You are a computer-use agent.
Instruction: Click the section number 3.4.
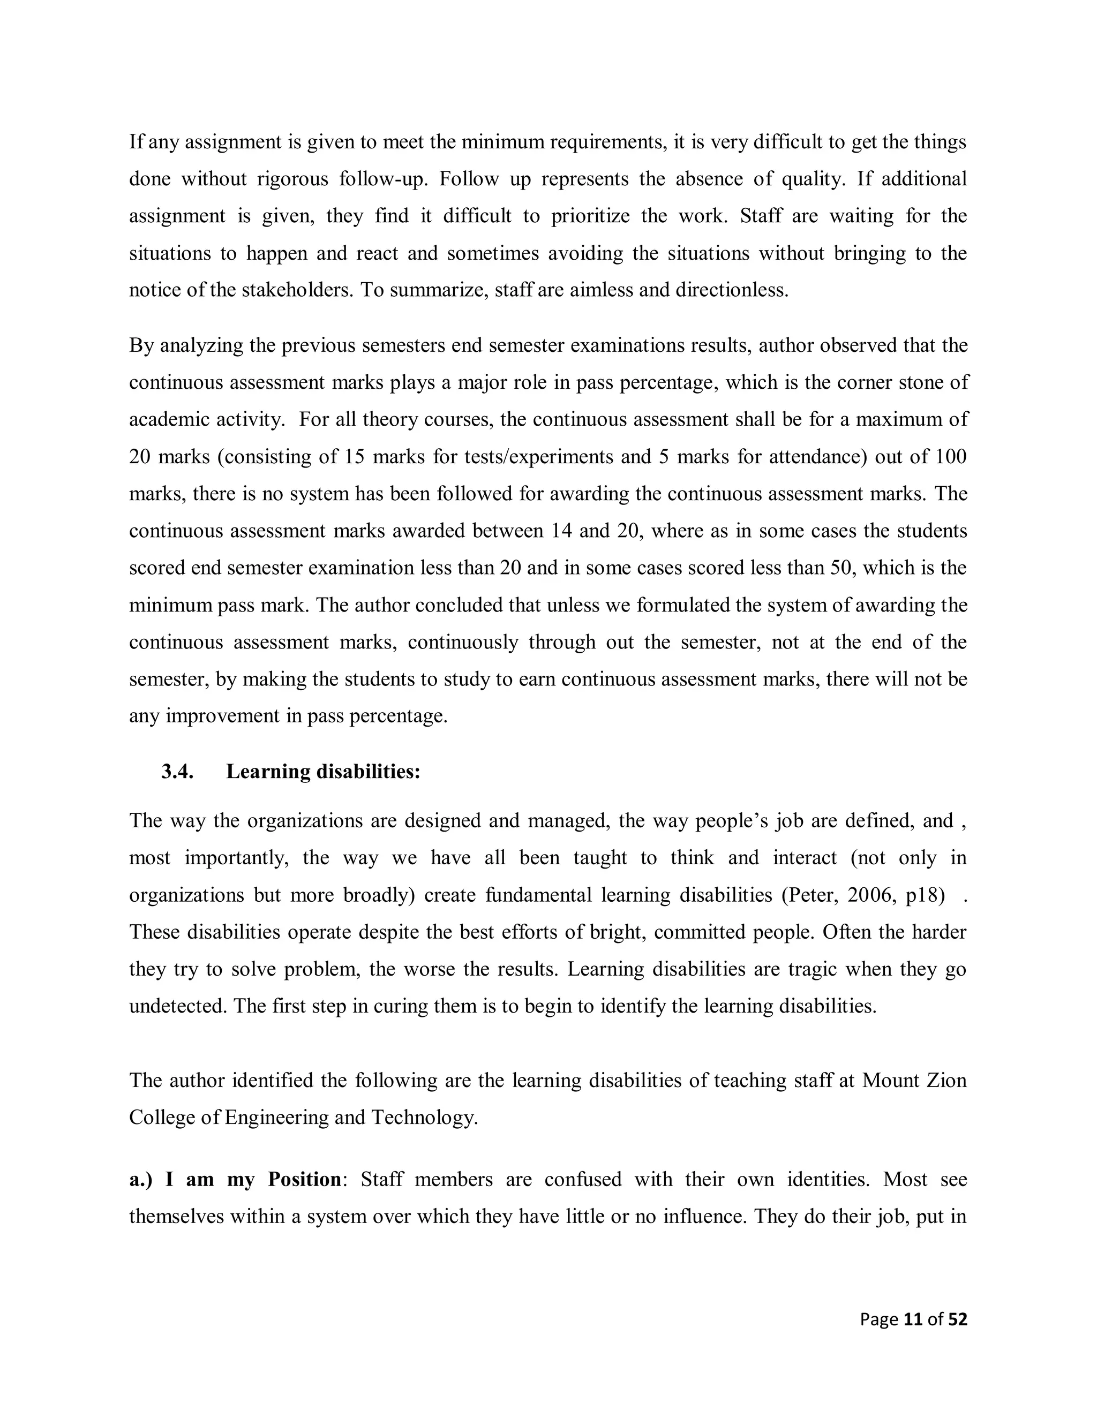point(177,772)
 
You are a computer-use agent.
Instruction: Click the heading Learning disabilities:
point(323,772)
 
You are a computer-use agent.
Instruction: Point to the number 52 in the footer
point(957,1319)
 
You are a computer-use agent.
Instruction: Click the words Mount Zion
point(914,1081)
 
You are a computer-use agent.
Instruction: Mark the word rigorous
point(292,179)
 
